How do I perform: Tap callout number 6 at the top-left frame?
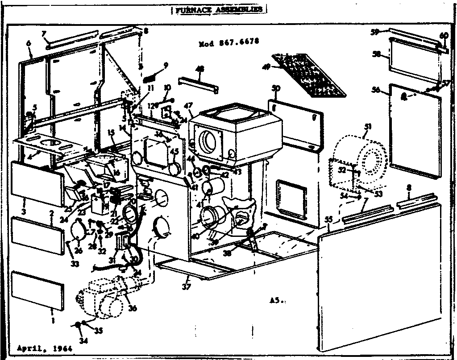(x=29, y=43)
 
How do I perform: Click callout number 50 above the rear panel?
(x=276, y=89)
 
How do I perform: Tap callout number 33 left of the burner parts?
(x=74, y=264)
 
